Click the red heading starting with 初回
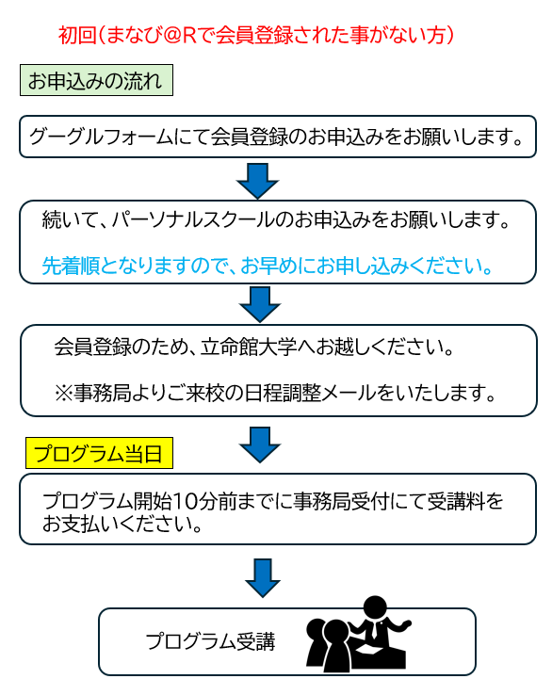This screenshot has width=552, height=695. point(256,35)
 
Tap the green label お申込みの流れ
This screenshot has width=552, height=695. point(96,80)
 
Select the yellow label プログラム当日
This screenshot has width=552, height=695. point(99,453)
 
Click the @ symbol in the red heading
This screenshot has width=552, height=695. point(171,35)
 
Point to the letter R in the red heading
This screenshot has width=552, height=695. point(189,35)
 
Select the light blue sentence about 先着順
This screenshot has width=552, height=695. point(268,266)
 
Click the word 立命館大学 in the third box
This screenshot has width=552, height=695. point(250,347)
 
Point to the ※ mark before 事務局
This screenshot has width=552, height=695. point(64,393)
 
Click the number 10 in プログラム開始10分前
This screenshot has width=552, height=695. point(185,501)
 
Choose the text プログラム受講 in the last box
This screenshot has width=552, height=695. point(211,641)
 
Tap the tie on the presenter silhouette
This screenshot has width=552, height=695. point(375,629)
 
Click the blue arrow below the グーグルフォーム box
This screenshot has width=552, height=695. point(257,181)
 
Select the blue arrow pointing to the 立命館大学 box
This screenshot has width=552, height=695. point(260,304)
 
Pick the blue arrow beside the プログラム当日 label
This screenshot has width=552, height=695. point(260,445)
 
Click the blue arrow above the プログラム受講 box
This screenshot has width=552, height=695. point(263,578)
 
